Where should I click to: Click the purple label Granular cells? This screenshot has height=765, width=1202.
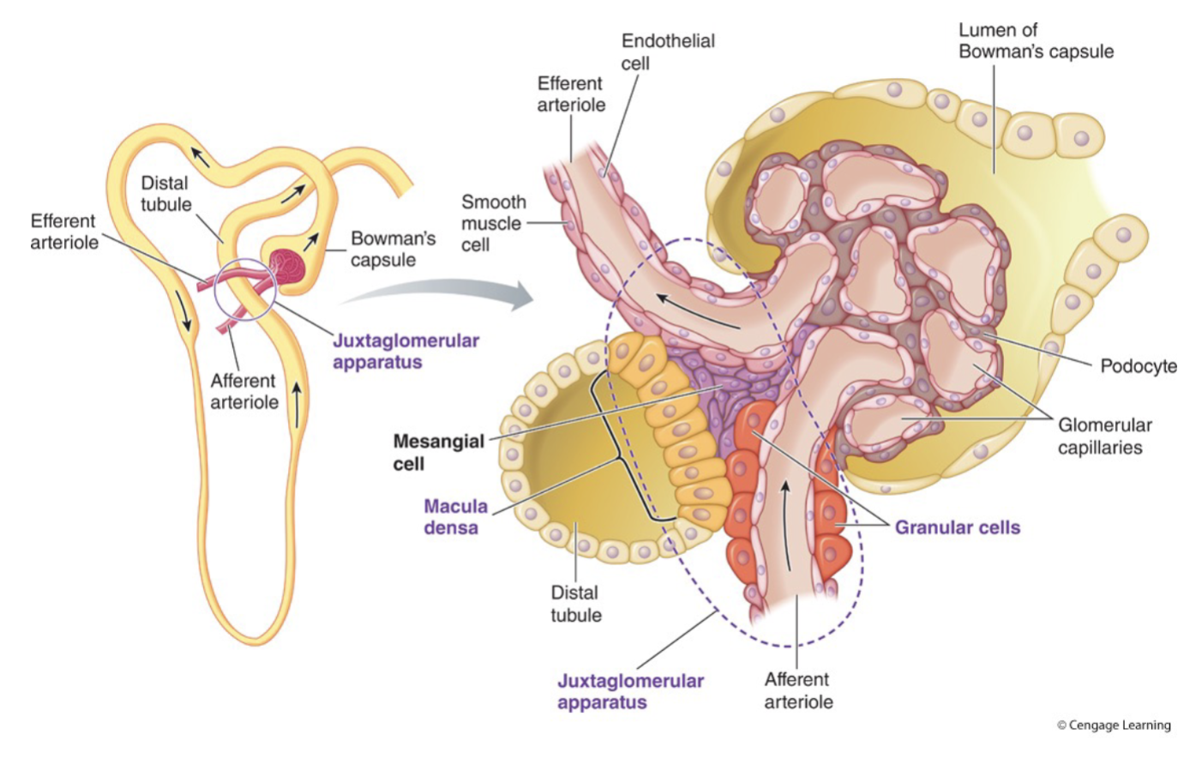(957, 527)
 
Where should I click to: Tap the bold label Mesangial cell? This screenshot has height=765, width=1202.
(438, 452)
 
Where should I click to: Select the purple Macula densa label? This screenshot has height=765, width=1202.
(455, 516)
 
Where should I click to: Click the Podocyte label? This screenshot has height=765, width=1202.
(1138, 366)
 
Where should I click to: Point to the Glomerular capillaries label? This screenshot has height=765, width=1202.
(1104, 436)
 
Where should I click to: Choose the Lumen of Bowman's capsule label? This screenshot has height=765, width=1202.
(1035, 41)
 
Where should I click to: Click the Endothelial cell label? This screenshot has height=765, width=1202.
(667, 51)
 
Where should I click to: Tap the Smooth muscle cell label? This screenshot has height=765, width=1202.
(493, 223)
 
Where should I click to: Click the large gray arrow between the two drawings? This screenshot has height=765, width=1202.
(446, 294)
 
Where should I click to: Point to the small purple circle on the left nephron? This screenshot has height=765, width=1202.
(245, 289)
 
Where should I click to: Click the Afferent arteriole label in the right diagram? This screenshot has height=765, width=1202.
(797, 690)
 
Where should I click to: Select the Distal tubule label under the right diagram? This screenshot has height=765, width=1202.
(575, 604)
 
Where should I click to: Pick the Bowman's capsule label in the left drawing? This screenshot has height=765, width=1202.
(393, 249)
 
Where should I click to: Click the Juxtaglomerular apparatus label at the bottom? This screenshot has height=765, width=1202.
(630, 691)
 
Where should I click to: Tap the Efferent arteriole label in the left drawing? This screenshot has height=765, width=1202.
(63, 232)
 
